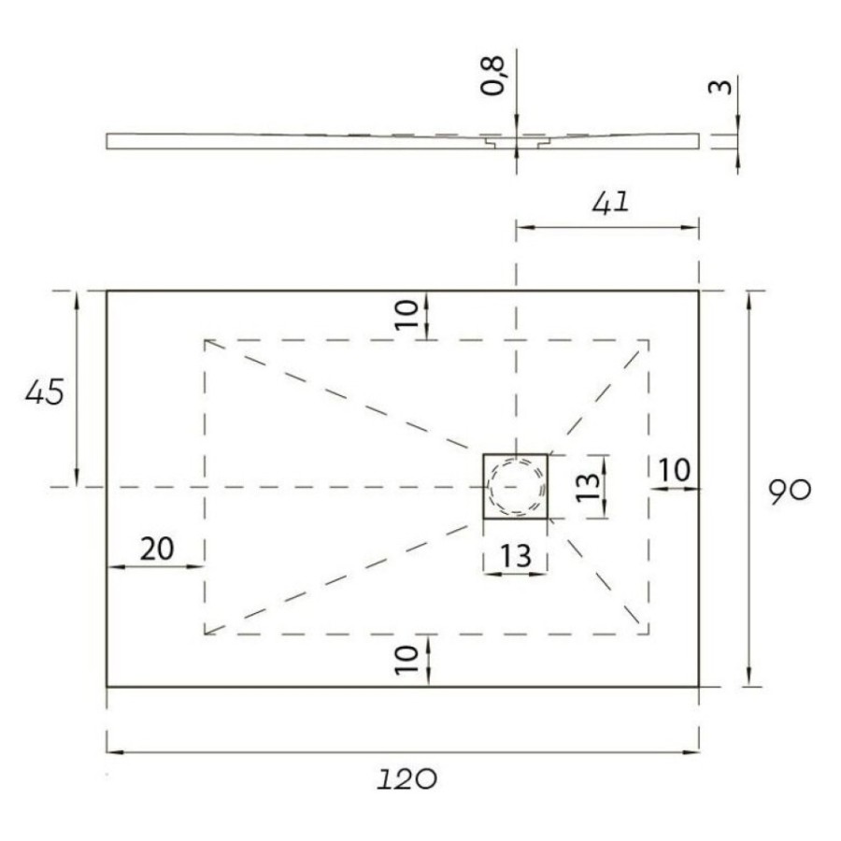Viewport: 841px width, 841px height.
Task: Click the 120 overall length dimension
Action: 406,778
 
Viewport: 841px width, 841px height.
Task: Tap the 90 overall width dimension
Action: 790,491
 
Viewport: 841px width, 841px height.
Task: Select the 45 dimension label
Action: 45,392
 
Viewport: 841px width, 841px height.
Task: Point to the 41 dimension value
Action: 610,203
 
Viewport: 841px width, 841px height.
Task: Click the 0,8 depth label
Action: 492,76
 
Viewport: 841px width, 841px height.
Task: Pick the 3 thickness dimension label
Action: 720,87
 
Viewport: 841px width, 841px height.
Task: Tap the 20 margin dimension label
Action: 157,549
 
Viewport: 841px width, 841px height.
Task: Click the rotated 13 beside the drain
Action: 588,487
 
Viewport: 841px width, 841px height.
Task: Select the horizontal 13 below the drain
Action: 516,556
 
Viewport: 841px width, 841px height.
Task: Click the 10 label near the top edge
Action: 406,314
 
